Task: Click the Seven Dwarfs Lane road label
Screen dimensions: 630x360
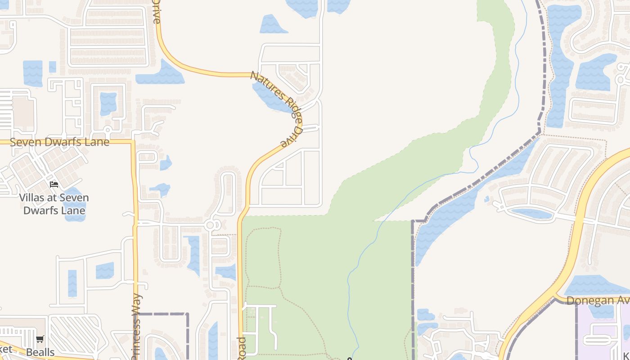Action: tap(59, 142)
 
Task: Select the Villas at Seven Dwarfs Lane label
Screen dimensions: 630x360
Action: tap(54, 204)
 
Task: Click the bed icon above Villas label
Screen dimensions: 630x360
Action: tap(54, 184)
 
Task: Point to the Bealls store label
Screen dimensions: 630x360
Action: tap(40, 352)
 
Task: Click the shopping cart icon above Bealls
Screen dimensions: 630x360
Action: tap(40, 339)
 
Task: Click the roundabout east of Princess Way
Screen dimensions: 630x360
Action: tap(210, 225)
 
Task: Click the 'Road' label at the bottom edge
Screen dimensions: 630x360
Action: tap(241, 347)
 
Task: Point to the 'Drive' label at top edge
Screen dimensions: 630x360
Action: tap(156, 11)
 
